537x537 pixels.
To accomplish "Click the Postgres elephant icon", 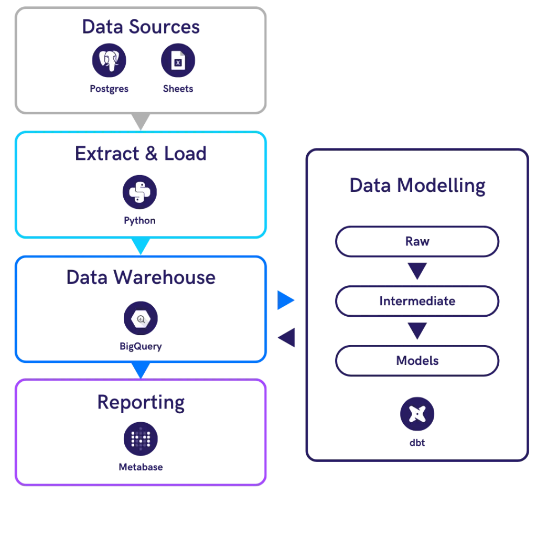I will pyautogui.click(x=110, y=61).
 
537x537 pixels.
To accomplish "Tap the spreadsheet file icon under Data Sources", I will pyautogui.click(x=178, y=61).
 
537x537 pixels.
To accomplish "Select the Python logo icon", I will pyautogui.click(x=140, y=192).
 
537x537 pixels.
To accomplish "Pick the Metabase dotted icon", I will pyautogui.click(x=140, y=438).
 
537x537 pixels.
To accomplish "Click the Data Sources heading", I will pyautogui.click(x=141, y=27).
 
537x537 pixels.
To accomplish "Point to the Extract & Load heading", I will pyautogui.click(x=141, y=154).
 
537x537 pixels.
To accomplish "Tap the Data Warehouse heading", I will pyautogui.click(x=141, y=278).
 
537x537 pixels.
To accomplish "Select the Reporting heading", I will pyautogui.click(x=141, y=403).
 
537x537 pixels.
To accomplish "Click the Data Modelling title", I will pyautogui.click(x=417, y=186).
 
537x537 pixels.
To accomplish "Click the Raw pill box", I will pyautogui.click(x=417, y=242).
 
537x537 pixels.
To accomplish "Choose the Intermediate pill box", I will pyautogui.click(x=417, y=302).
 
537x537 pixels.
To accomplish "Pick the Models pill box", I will pyautogui.click(x=417, y=361).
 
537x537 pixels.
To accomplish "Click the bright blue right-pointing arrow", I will pyautogui.click(x=286, y=300).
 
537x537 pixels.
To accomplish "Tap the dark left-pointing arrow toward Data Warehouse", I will pyautogui.click(x=288, y=338).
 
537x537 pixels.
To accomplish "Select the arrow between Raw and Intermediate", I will pyautogui.click(x=417, y=272).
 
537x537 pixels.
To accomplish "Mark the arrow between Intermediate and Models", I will pyautogui.click(x=417, y=331).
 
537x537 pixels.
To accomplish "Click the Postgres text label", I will pyautogui.click(x=109, y=89).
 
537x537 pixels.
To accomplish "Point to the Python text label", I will pyautogui.click(x=139, y=221).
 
